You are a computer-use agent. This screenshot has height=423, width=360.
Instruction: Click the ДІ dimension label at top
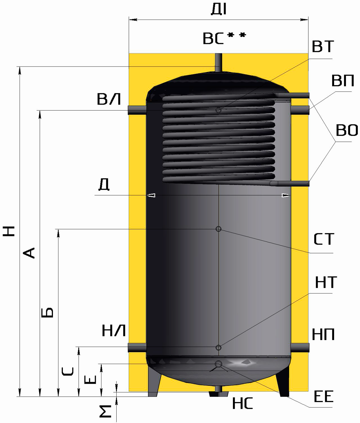(x=219, y=10)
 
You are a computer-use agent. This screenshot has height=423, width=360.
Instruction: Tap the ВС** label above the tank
(x=224, y=38)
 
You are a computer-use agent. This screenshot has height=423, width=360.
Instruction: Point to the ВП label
(x=343, y=81)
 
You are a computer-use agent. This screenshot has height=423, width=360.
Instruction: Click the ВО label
(x=347, y=130)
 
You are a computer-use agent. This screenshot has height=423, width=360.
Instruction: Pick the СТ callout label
(x=324, y=239)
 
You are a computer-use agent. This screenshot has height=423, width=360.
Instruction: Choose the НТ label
(x=326, y=282)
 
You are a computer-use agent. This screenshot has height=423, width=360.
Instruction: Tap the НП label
(x=323, y=334)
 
